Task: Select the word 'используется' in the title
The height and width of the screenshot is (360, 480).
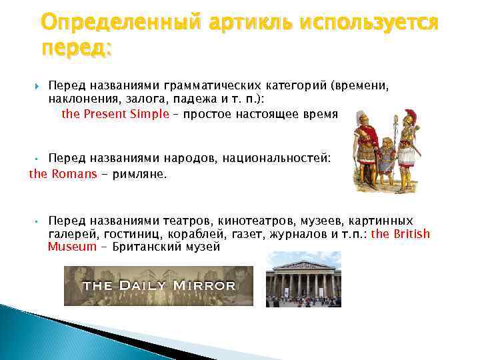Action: (370, 24)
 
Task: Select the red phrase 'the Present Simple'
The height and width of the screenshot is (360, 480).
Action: (115, 113)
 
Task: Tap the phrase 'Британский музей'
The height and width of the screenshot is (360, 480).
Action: (166, 247)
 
